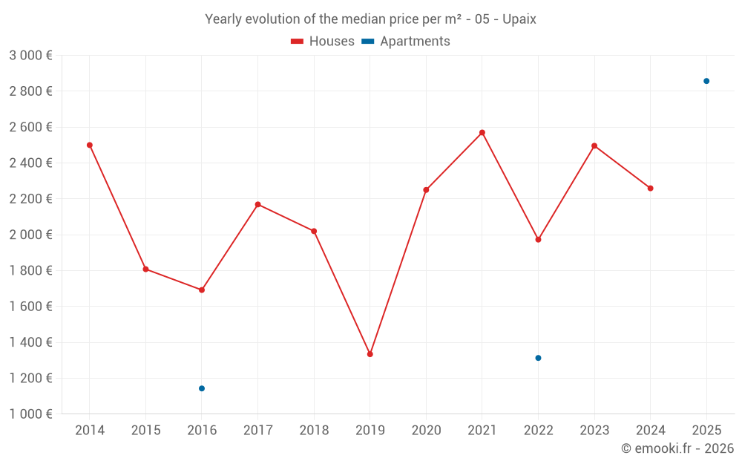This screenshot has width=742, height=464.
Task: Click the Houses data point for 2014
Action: tap(90, 145)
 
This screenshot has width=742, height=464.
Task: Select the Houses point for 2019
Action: tap(370, 354)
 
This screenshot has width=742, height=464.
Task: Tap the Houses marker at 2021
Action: tap(482, 133)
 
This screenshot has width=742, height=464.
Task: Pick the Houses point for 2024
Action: tap(651, 189)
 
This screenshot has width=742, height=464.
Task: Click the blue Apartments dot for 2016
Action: tap(202, 388)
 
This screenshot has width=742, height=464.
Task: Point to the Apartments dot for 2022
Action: tap(539, 358)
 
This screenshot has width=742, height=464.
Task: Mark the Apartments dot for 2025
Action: tap(706, 81)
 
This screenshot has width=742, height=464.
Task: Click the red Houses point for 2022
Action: tap(539, 240)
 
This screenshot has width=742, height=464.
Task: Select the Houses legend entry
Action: tap(323, 42)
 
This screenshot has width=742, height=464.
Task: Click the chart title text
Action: tap(370, 19)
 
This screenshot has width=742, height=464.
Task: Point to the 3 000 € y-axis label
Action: tap(30, 55)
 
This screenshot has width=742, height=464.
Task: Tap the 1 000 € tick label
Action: tap(30, 414)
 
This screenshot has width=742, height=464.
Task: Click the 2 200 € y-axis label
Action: tap(30, 199)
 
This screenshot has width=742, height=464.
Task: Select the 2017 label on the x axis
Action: tap(257, 431)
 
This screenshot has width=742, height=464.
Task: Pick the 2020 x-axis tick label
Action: tap(426, 431)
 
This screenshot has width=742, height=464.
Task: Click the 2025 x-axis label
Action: tap(706, 431)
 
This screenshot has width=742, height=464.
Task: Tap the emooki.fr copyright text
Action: tap(677, 448)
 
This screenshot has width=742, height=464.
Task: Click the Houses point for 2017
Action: tap(257, 204)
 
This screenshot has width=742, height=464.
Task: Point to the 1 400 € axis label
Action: tap(30, 342)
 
